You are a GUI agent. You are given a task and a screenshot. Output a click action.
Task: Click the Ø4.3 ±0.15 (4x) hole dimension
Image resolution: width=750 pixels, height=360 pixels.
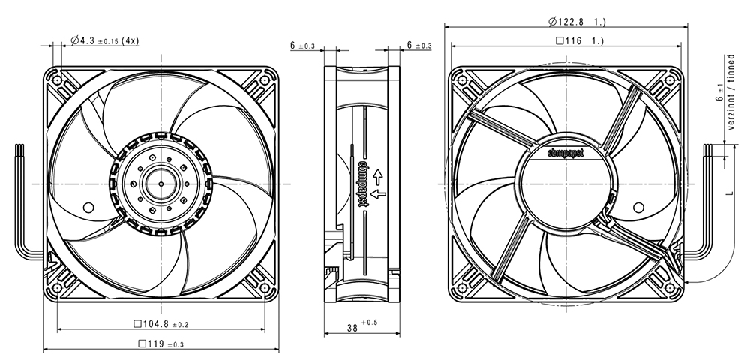tap(105, 41)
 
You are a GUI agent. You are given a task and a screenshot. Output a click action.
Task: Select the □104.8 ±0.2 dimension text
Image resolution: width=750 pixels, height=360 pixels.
tap(160, 324)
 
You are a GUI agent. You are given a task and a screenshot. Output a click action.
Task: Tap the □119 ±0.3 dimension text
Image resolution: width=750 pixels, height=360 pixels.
tap(160, 343)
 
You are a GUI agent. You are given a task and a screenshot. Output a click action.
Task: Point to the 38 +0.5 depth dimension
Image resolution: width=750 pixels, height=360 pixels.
tap(362, 326)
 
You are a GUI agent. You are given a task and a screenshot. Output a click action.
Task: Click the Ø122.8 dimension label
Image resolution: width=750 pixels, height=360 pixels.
tap(577, 22)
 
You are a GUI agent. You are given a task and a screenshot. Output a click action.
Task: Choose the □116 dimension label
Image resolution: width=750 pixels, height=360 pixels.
tap(579, 41)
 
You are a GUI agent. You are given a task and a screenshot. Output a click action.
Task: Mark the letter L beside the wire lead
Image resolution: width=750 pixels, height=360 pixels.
tap(730, 192)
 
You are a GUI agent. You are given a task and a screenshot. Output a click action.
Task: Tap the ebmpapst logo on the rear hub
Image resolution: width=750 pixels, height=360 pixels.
tap(565, 153)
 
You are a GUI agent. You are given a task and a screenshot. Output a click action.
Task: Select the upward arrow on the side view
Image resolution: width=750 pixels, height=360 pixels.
tap(378, 176)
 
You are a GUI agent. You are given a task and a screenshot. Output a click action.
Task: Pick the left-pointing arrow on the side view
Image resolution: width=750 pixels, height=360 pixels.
tap(378, 193)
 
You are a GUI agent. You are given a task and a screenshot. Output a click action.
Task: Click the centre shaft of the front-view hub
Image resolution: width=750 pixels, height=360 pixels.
tap(160, 184)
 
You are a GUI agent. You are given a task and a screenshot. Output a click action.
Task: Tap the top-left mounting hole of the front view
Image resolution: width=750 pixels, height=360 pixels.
tap(57, 79)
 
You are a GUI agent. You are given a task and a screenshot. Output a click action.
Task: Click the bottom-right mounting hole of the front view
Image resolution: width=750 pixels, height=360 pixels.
tap(265, 288)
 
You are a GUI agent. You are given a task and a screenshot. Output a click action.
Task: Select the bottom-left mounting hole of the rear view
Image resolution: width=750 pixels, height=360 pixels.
tap(462, 288)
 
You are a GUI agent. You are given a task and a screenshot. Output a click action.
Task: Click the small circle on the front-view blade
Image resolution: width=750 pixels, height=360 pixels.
tap(88, 208)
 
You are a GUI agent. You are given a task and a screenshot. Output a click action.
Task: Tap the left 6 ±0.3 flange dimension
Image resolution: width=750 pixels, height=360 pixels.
tap(302, 46)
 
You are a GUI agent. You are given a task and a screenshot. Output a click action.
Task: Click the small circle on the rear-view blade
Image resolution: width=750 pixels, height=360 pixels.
tap(638, 208)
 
